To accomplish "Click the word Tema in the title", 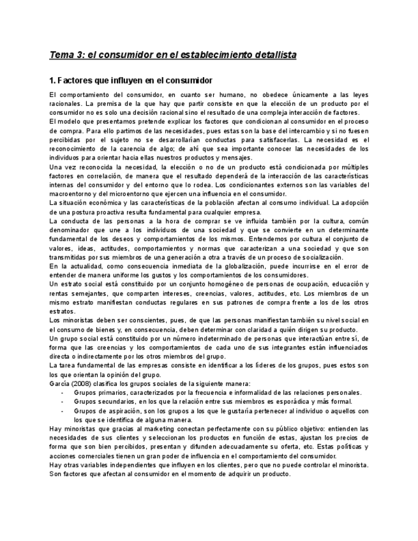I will point(62,55).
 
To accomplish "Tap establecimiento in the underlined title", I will point(205,55).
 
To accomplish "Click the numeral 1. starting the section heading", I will point(53,81).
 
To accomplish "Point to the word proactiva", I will point(114,212).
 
